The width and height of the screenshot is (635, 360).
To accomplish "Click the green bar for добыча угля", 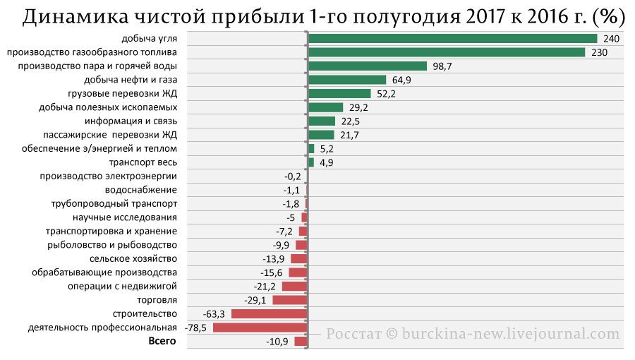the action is [x=453, y=38].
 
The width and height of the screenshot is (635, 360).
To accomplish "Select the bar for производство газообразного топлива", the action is [x=447, y=52].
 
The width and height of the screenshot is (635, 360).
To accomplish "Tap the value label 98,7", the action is [x=442, y=66].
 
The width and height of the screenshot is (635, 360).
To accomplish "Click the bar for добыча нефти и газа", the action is [x=347, y=80].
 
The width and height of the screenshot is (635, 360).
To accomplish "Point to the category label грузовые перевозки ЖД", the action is [x=123, y=94].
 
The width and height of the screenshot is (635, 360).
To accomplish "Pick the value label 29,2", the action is [x=358, y=108].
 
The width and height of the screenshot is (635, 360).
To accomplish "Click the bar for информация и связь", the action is [x=322, y=121].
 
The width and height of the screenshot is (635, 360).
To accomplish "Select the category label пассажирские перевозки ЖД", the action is [x=110, y=135].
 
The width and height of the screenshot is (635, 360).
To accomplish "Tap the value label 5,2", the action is [x=327, y=149].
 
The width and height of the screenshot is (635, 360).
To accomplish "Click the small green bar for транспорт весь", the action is [x=311, y=162].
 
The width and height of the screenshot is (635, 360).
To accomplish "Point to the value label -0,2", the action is [x=292, y=176].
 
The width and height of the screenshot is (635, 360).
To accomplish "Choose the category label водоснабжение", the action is [x=141, y=190].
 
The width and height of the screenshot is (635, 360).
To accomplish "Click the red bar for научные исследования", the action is [x=305, y=217].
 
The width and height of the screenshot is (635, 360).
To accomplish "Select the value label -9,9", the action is [x=281, y=245].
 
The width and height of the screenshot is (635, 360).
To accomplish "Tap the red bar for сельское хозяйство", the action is [x=299, y=259].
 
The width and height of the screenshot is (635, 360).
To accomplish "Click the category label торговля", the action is [x=157, y=300].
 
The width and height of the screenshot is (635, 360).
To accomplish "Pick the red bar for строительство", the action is [x=270, y=314].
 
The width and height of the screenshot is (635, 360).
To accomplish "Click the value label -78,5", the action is [x=195, y=328].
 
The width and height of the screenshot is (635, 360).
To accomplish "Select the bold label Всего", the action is [x=162, y=341].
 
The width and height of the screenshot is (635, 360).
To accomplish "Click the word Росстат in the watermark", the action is [x=353, y=334].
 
